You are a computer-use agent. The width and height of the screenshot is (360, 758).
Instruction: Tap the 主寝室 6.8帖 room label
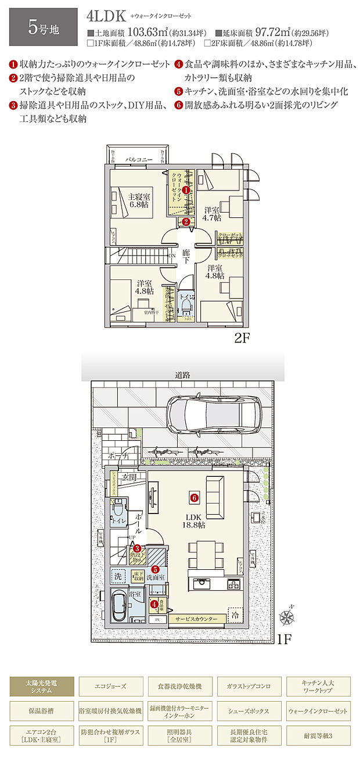click(x=139, y=201)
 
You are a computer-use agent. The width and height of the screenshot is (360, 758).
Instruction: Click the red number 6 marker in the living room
click(x=194, y=497)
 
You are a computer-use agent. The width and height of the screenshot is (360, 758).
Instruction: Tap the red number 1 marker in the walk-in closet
click(x=186, y=190)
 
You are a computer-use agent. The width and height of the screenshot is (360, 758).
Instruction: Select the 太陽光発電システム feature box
click(x=41, y=686)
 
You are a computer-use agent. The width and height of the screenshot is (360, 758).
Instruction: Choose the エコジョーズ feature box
click(x=111, y=686)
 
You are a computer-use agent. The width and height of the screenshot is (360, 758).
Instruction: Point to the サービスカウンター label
click(x=197, y=620)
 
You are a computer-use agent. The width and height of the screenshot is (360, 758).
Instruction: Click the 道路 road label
click(x=182, y=375)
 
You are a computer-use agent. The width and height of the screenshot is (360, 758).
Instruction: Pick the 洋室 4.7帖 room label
click(x=212, y=214)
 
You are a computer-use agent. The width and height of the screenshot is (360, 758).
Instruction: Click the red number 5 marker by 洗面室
click(x=156, y=570)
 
